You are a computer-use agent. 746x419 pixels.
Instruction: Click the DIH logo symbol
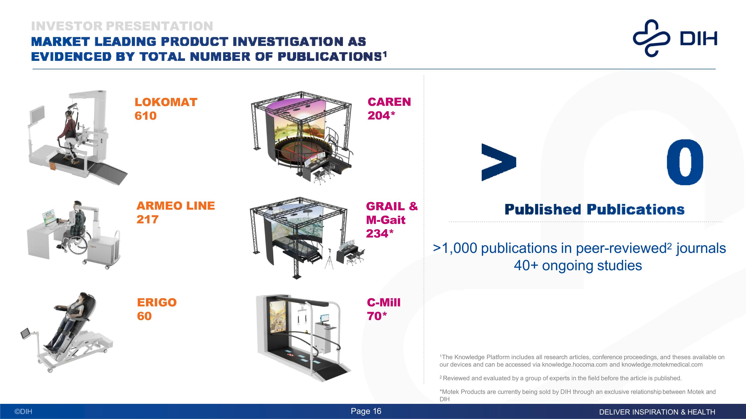[651, 38]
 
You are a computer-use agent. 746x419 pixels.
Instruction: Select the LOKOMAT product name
[166, 102]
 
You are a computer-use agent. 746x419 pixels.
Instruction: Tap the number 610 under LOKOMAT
[145, 116]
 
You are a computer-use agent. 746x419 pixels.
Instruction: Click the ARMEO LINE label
[176, 206]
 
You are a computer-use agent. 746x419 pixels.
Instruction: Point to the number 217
[147, 220]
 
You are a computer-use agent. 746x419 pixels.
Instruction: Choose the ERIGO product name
[157, 303]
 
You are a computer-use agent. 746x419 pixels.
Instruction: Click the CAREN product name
[389, 102]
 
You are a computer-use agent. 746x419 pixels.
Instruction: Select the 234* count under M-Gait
[380, 234]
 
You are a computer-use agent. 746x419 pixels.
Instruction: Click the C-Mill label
[383, 303]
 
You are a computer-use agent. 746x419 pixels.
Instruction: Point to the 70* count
[377, 316]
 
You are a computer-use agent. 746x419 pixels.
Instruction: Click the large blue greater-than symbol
[498, 162]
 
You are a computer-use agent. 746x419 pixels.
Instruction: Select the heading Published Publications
[594, 209]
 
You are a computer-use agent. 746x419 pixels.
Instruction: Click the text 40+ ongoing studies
[578, 266]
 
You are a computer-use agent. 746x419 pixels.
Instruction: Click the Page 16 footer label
[366, 411]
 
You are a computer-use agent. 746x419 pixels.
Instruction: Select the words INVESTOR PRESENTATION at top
[122, 26]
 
